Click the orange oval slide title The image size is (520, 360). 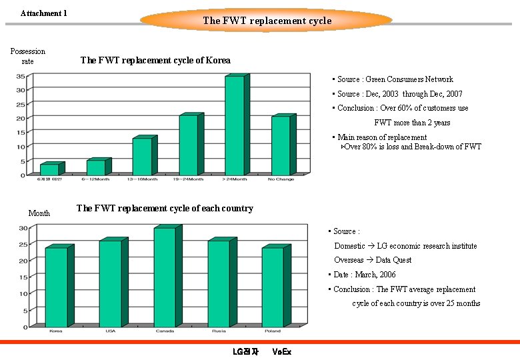(x=267, y=20)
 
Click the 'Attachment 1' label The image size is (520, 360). (x=44, y=13)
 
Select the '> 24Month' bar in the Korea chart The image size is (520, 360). (x=235, y=127)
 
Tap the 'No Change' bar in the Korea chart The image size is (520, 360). (x=281, y=146)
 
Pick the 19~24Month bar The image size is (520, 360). (x=189, y=145)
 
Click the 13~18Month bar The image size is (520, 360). (x=142, y=157)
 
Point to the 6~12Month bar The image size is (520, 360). (x=96, y=167)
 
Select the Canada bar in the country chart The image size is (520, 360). (x=165, y=277)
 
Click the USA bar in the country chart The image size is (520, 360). (x=111, y=283)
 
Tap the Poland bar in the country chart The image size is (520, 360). (x=273, y=287)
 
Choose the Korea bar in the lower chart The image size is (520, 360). (x=57, y=287)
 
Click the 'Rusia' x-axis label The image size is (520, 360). (x=219, y=331)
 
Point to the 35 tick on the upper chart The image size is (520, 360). (x=21, y=75)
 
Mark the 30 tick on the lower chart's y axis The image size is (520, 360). (x=23, y=228)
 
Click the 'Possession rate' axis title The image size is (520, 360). (x=28, y=56)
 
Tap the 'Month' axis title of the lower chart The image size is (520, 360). (x=39, y=213)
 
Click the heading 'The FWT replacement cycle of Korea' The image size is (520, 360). (x=155, y=61)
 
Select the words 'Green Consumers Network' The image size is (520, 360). (x=409, y=79)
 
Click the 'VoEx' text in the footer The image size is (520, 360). (x=282, y=351)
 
